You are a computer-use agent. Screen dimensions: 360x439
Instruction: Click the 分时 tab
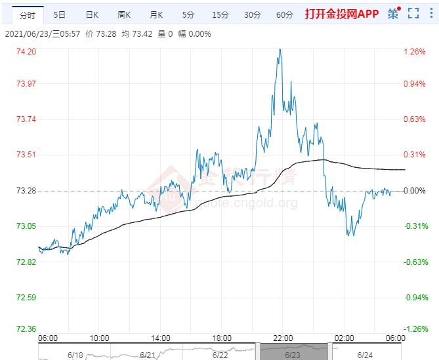(28, 14)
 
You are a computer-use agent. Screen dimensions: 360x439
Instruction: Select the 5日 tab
(60, 14)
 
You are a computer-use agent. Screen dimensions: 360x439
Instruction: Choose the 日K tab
(92, 14)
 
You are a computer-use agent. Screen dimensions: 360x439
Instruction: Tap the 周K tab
(124, 14)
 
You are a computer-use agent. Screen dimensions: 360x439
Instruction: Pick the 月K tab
(156, 14)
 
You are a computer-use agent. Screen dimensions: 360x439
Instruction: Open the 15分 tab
(220, 14)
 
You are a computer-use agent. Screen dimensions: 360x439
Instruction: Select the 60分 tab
(284, 14)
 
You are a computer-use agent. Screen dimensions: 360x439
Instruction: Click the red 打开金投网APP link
(342, 14)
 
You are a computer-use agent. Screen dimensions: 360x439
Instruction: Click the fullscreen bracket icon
(413, 14)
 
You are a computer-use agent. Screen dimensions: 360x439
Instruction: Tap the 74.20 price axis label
(26, 52)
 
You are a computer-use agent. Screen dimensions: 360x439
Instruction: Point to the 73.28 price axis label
(26, 191)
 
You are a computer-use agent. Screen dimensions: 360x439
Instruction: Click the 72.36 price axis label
(26, 329)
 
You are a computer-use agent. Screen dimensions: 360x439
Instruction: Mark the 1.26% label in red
(414, 52)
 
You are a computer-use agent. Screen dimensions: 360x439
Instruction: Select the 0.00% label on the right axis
(414, 191)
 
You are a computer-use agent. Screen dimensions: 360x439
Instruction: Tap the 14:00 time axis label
(160, 338)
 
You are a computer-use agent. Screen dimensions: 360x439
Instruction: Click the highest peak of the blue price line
(280, 49)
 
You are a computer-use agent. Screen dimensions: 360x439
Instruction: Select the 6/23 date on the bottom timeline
(293, 355)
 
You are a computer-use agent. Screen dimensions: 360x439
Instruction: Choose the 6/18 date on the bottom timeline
(75, 355)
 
